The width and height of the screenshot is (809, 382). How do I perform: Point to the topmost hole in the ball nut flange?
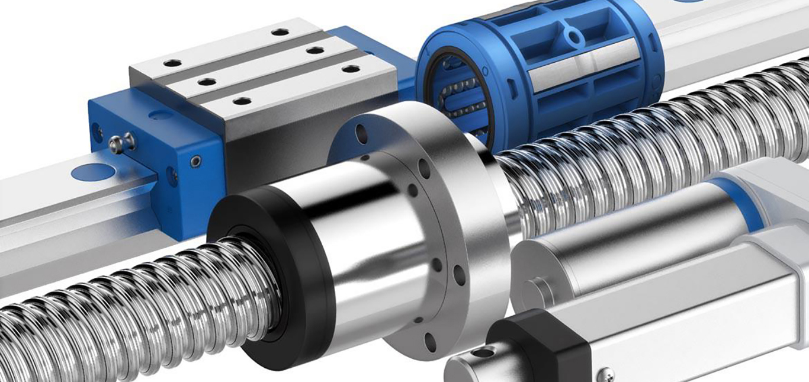[x=362, y=135]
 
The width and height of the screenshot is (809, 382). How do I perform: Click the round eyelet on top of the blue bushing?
[x=573, y=37]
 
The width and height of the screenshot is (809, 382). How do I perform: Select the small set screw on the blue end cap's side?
[x=195, y=160]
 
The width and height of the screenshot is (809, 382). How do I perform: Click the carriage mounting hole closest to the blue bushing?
[x=351, y=69]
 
